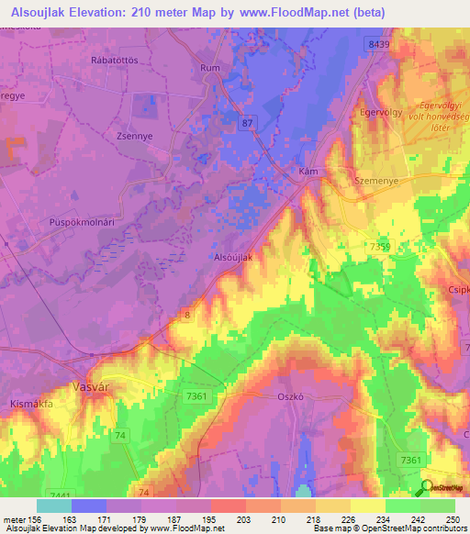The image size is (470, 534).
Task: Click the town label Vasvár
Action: [92, 387]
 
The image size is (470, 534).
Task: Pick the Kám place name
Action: [308, 172]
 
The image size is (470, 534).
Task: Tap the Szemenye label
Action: [375, 182]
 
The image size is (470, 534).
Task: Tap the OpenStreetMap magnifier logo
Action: [427, 488]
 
